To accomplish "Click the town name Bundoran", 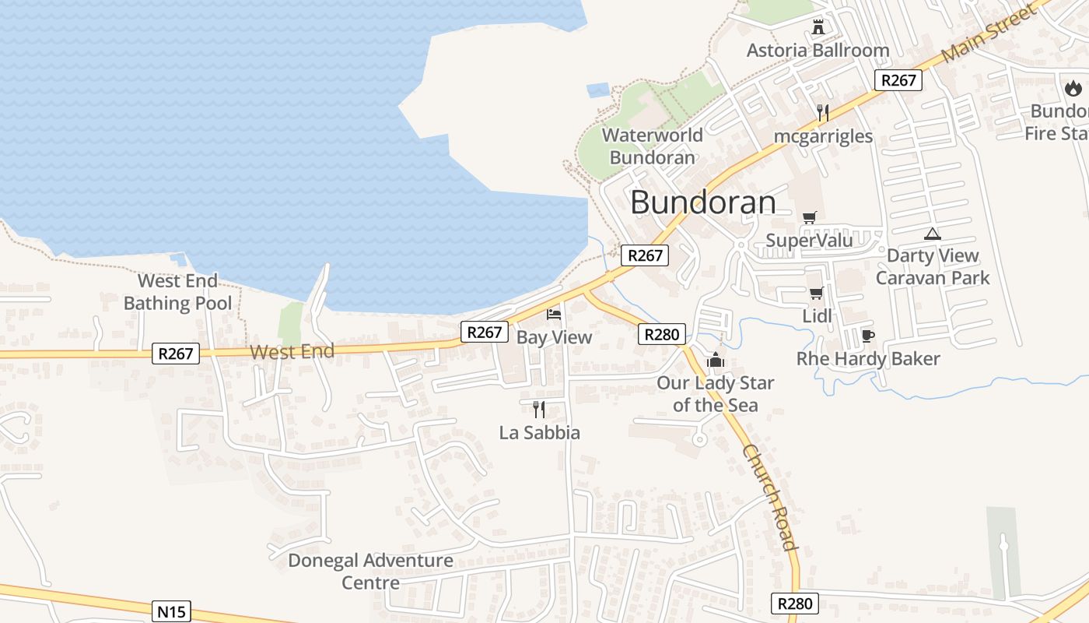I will [x=702, y=202].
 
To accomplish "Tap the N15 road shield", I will [x=171, y=611].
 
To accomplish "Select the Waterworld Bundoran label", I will [x=652, y=146].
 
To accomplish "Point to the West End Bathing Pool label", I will [x=177, y=292].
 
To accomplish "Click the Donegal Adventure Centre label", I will [x=370, y=571].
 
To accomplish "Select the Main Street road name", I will [x=989, y=33].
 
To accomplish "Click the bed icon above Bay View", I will [x=554, y=315].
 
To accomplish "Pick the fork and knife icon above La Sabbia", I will [x=538, y=410].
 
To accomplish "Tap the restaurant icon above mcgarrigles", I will [x=823, y=113].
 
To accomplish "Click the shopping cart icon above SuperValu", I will [x=810, y=217].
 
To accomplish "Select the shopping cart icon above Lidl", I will [x=816, y=294].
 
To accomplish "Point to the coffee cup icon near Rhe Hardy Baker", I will [x=868, y=336].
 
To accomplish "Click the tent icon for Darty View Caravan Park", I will [x=932, y=233].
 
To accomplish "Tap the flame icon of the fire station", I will [x=1073, y=88].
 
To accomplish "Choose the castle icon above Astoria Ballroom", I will [x=818, y=28].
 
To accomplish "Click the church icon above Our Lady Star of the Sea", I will [x=715, y=360].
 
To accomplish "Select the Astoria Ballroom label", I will [x=818, y=51].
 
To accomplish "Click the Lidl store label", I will [x=817, y=316].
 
